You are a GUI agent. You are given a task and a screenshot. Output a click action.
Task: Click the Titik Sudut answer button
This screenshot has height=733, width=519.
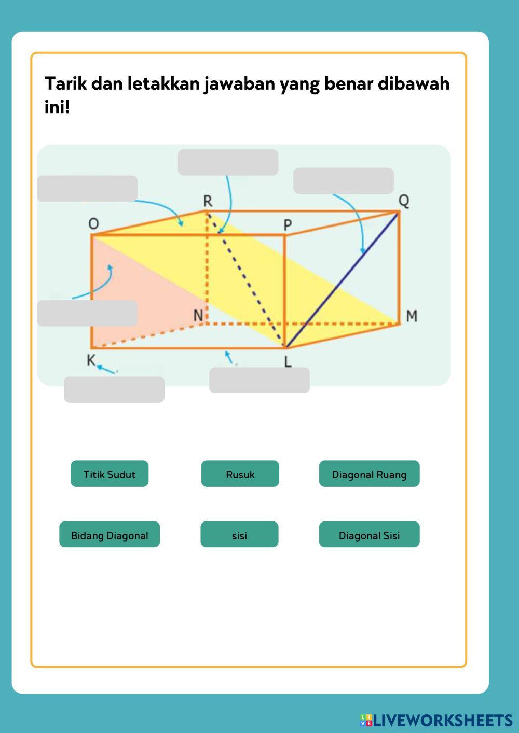click(x=110, y=474)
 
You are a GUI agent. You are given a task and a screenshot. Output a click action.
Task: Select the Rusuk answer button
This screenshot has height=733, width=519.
click(x=240, y=474)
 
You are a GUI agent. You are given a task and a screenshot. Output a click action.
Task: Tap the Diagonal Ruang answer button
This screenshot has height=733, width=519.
click(x=369, y=474)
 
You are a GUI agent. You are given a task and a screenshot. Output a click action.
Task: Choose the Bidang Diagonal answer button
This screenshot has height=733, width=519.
click(x=110, y=535)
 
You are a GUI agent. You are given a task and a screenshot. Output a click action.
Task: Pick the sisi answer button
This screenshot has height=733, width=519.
click(x=239, y=535)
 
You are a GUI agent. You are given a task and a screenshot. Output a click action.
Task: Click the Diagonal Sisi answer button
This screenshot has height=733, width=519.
click(x=369, y=535)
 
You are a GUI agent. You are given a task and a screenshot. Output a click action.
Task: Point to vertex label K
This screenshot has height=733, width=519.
click(x=91, y=360)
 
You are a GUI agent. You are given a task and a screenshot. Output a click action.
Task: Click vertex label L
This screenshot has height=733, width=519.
click(x=288, y=362)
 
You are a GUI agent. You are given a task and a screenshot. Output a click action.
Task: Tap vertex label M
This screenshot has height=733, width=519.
click(x=412, y=316)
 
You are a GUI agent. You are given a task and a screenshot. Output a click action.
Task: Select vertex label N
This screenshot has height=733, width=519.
click(x=198, y=315)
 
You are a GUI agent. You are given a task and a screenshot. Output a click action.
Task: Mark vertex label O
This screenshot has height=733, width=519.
click(x=93, y=224)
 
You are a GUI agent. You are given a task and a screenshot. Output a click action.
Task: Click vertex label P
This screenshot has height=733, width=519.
click(x=288, y=225)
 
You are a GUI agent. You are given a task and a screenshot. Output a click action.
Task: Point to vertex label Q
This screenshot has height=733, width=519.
click(x=404, y=200)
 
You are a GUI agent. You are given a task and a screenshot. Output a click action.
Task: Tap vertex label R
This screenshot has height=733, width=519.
click(x=208, y=201)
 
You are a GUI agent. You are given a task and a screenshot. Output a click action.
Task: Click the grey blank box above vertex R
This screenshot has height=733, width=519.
click(x=228, y=163)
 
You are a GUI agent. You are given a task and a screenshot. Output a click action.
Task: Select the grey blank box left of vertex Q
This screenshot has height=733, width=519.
click(x=343, y=181)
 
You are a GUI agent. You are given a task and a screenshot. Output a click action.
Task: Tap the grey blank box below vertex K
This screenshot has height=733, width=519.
click(x=114, y=390)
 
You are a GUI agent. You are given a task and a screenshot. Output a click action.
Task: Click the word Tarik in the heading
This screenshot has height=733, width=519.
click(x=65, y=83)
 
